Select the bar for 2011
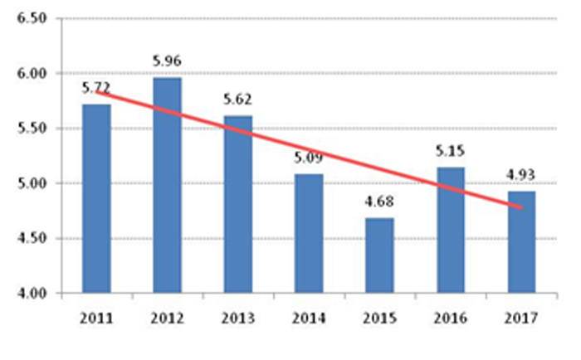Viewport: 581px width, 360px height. (96, 199)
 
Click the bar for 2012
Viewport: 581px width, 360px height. (167, 186)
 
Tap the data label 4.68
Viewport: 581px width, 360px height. (379, 202)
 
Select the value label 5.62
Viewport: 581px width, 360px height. (238, 100)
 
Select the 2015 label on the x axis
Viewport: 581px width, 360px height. (379, 318)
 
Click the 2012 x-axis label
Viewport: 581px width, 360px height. (167, 318)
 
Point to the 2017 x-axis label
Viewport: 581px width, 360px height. (521, 318)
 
